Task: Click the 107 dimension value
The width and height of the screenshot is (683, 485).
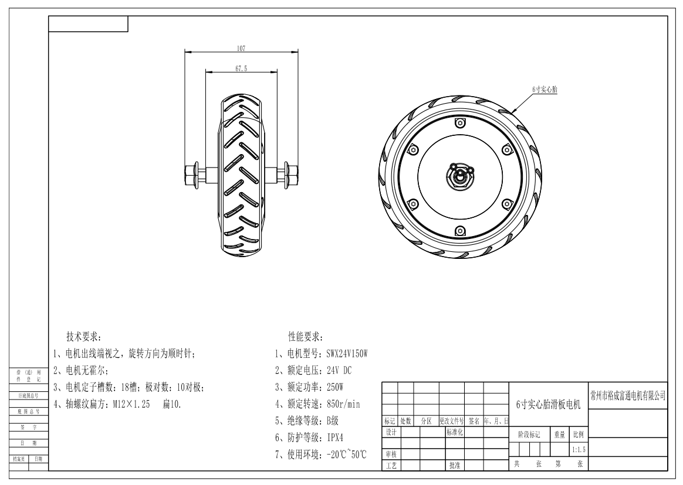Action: pos(241,49)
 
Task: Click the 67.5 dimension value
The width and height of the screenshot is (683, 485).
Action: pos(241,69)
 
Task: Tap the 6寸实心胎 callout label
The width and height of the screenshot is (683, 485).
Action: pos(545,90)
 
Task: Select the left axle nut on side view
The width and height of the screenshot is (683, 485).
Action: pos(192,175)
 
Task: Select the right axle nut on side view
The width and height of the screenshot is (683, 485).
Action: pos(291,175)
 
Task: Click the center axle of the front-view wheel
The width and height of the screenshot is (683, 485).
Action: pos(460,176)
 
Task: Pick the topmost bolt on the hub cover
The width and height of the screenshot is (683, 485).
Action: pos(459,123)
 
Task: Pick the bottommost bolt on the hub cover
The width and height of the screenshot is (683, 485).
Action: pos(459,231)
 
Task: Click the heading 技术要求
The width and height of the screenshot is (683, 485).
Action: pos(84,337)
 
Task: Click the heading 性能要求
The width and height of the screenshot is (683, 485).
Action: pos(305,337)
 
